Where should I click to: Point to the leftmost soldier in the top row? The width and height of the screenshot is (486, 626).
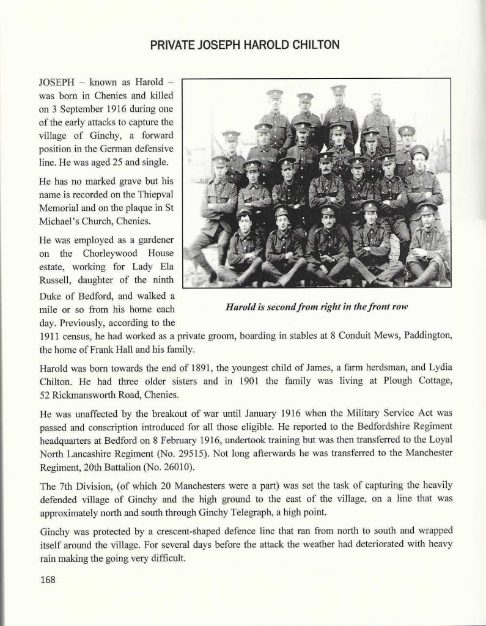pos(274,116)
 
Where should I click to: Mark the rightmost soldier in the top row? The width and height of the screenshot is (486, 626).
pos(377,119)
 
